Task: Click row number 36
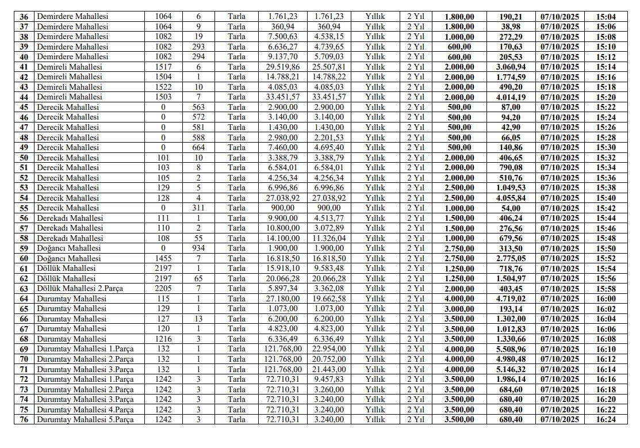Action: point(24,17)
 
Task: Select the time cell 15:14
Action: point(605,67)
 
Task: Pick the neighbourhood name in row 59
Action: point(68,248)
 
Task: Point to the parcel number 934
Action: point(198,248)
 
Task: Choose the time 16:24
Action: point(605,419)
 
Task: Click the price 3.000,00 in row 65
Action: point(459,308)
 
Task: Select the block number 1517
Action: point(163,67)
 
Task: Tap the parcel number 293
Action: point(198,47)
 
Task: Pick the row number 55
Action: point(24,208)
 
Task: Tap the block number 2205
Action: point(163,288)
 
